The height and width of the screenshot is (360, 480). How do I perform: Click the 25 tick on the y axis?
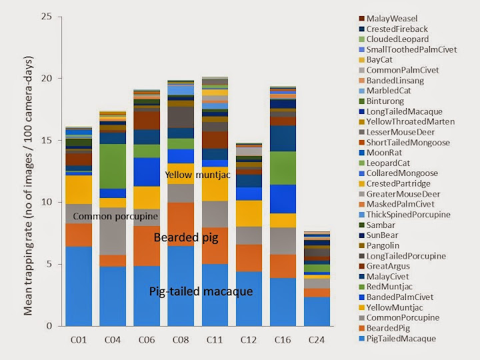click(x=46, y=16)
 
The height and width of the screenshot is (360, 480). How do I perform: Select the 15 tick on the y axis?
click(x=46, y=140)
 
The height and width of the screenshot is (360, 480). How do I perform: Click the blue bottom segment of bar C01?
click(x=79, y=287)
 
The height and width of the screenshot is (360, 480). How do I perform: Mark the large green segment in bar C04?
click(x=113, y=167)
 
